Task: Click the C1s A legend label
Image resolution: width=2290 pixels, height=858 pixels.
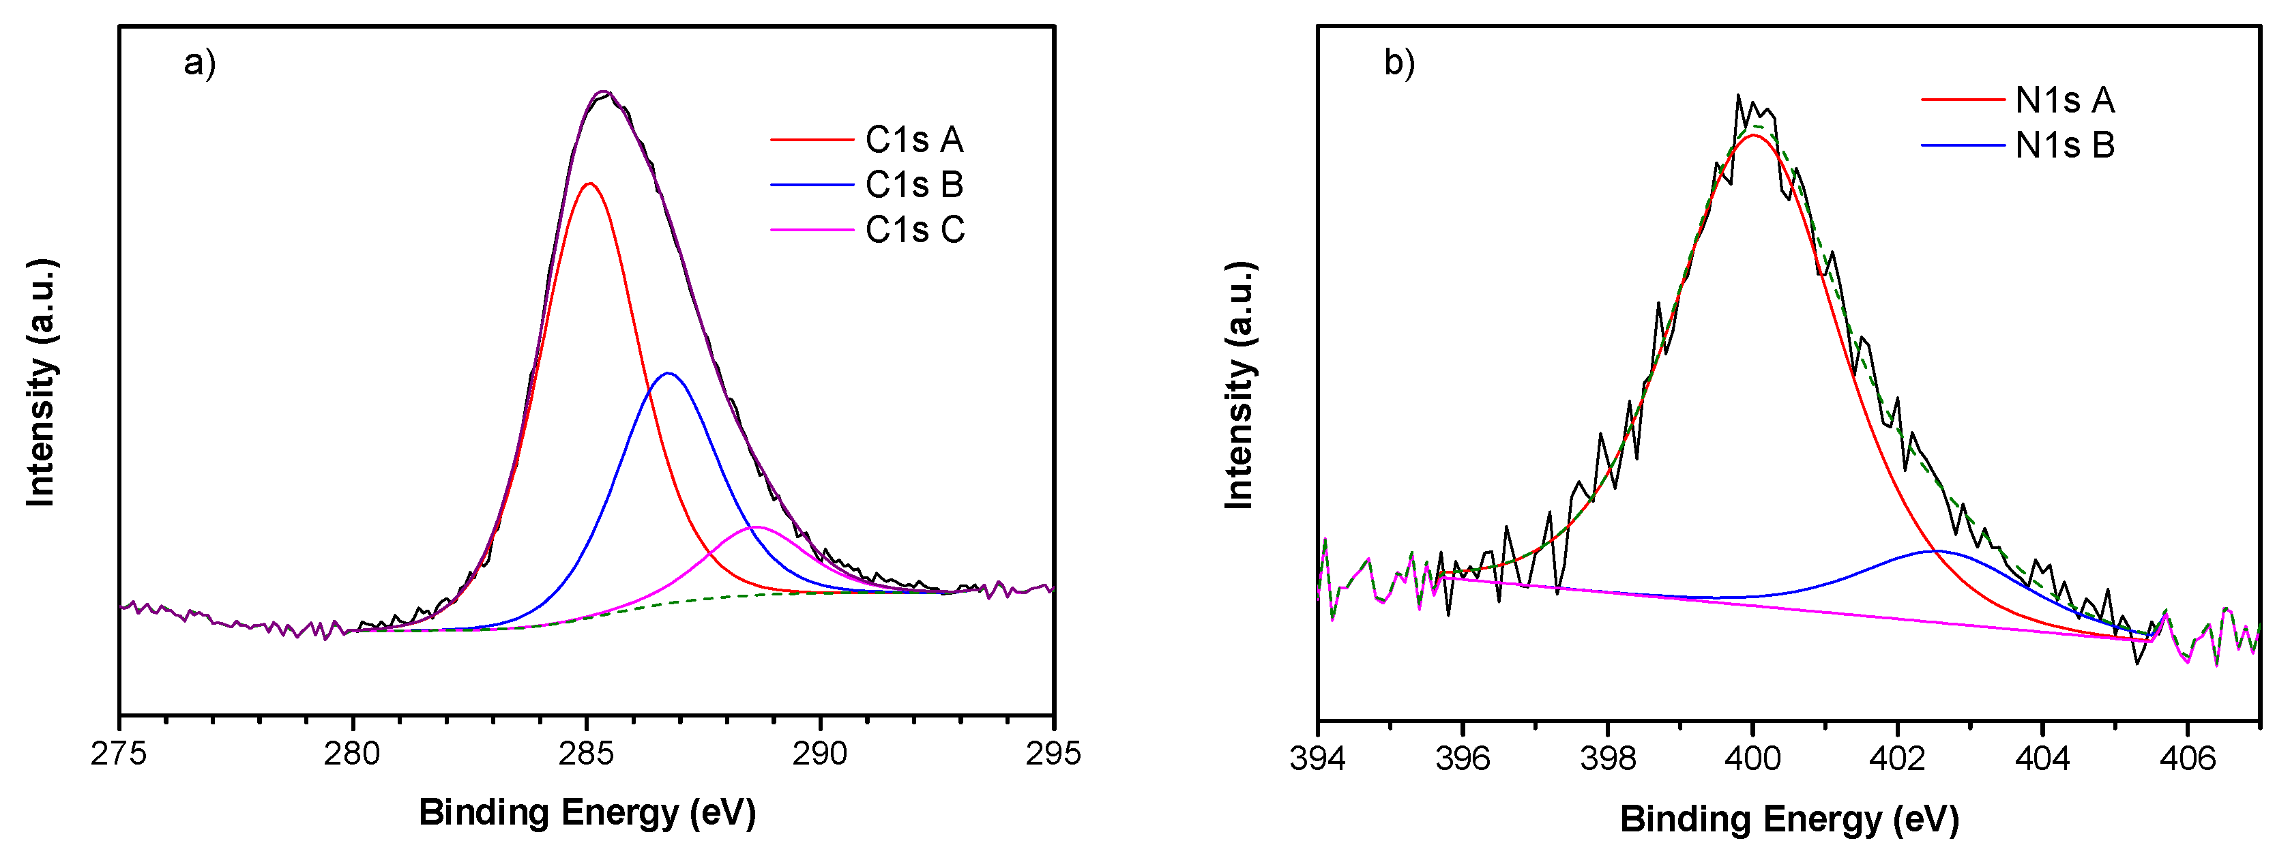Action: (x=914, y=140)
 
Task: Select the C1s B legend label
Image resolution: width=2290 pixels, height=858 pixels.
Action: (x=914, y=185)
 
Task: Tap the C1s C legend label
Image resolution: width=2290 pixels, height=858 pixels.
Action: (x=915, y=231)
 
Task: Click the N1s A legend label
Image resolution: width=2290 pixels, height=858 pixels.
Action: (x=2064, y=100)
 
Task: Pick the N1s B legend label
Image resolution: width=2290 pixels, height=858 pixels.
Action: (x=2064, y=145)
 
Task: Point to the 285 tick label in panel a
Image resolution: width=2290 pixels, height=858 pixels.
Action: (x=587, y=754)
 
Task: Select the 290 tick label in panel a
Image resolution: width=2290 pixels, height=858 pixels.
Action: (x=820, y=754)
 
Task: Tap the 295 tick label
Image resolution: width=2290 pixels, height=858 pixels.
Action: (x=1053, y=754)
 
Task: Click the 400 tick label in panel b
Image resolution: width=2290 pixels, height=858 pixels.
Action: (x=1752, y=758)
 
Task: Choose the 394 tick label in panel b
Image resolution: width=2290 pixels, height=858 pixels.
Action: (x=1317, y=758)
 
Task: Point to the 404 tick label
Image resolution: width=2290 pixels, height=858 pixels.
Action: (x=2042, y=758)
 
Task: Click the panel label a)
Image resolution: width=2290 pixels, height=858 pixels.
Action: (x=200, y=63)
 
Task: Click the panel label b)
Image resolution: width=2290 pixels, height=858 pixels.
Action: (x=1399, y=63)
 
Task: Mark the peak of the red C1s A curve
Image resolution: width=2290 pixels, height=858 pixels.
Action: (x=589, y=183)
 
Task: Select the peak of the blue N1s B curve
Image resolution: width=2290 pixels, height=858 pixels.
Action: (x=1933, y=550)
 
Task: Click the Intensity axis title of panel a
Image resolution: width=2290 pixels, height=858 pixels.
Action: (x=42, y=383)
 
